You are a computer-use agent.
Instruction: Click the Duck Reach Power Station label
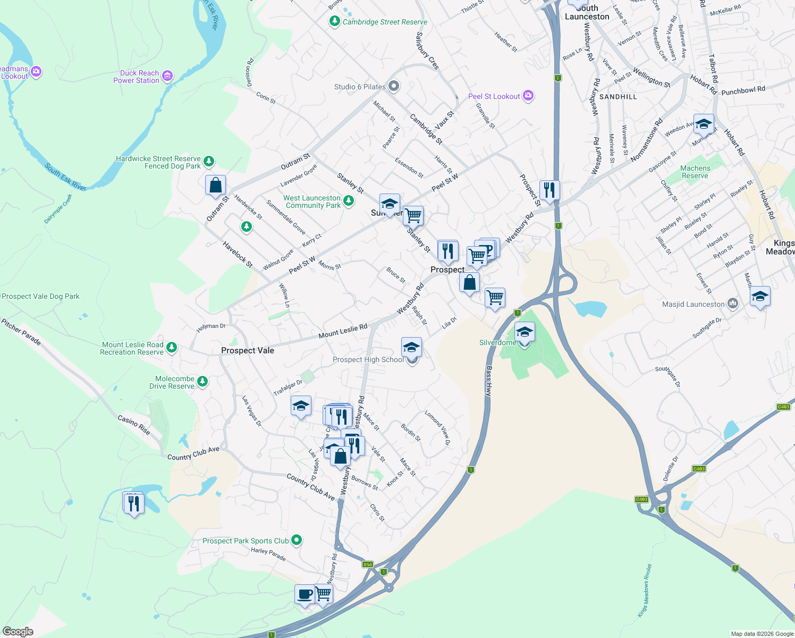click(136, 77)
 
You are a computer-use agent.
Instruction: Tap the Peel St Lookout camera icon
click(528, 96)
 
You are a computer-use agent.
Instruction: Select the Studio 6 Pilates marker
click(393, 86)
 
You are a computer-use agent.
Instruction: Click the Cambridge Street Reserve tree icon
click(334, 21)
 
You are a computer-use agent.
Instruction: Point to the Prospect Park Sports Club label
click(246, 541)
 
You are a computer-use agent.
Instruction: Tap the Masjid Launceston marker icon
click(733, 304)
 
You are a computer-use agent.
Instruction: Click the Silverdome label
click(497, 342)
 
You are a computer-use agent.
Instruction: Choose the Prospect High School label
click(368, 360)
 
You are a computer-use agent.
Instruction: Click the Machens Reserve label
click(695, 172)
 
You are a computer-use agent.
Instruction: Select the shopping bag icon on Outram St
click(216, 185)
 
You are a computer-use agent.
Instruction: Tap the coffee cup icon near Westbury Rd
click(305, 593)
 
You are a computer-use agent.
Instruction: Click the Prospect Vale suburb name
click(248, 350)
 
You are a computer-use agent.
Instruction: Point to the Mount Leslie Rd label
click(343, 331)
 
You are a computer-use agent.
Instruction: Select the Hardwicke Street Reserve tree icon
click(209, 161)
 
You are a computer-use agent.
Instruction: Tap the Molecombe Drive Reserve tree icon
click(202, 381)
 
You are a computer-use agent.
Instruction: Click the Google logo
click(18, 632)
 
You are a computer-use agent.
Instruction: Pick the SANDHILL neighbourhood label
click(618, 97)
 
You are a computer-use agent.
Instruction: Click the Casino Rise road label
click(134, 425)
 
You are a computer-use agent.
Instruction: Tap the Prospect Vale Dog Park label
click(41, 297)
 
